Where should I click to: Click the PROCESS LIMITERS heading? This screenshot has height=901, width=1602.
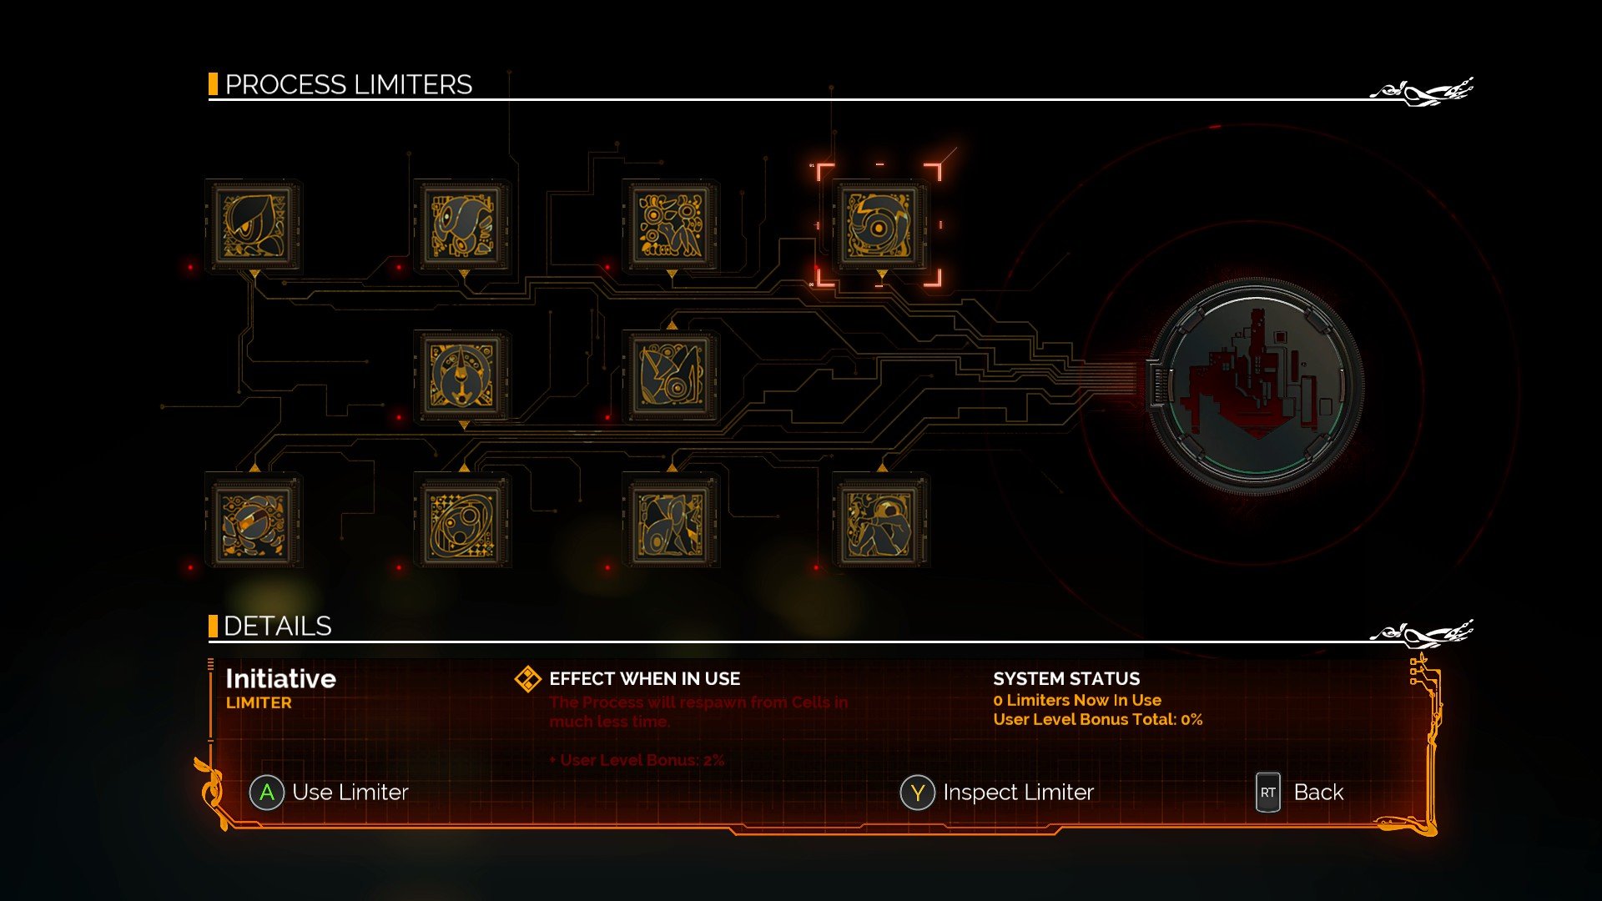coord(348,84)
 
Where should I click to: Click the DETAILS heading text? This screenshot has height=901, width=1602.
coord(277,626)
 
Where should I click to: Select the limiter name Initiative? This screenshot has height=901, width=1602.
coord(280,678)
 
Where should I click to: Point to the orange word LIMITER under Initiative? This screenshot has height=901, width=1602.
coord(259,702)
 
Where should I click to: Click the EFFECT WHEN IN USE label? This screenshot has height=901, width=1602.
coord(644,678)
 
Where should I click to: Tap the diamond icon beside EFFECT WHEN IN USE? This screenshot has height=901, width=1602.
coord(527,679)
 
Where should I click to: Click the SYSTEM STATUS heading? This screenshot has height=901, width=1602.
coord(1065,678)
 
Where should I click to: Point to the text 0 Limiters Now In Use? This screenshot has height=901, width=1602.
coord(1076,700)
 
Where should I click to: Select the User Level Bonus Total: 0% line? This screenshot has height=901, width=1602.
coord(1097,719)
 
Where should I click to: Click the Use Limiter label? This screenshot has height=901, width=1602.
coord(350,792)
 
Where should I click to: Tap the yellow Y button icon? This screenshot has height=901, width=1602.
coord(917,793)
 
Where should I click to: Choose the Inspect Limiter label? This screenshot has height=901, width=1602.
coord(1018,792)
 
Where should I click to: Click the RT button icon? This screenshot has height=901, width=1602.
coord(1267,793)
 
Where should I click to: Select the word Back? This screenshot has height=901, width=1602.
coord(1318,792)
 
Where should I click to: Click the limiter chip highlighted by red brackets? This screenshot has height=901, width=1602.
coord(879,226)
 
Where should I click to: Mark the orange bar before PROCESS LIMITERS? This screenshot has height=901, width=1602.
coord(213,84)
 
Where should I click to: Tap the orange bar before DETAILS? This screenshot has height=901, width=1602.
coord(213,626)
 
